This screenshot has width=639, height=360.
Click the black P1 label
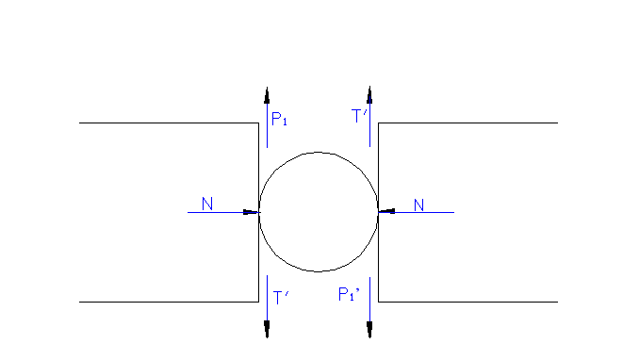279,120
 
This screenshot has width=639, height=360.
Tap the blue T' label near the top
359,117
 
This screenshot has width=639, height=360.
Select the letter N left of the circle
207,204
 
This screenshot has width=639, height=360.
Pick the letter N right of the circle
419,205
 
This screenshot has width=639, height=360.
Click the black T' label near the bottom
281,298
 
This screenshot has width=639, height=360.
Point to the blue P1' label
349,295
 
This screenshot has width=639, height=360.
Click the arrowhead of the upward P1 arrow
267,94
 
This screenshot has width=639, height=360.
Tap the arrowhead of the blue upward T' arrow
369,94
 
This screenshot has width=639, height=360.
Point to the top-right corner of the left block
258,123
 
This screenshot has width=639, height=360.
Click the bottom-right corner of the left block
258,302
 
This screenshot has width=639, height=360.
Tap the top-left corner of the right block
378,123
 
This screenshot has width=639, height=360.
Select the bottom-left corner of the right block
378,302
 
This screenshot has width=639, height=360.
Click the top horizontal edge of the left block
170,123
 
